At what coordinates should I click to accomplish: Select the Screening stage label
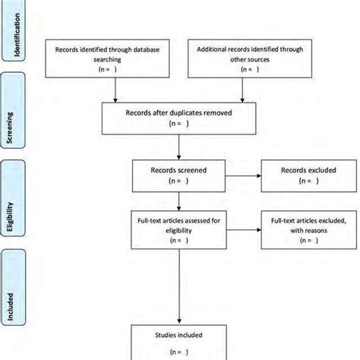pyautogui.click(x=16, y=124)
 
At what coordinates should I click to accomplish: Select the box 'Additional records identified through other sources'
pyautogui.click(x=242, y=57)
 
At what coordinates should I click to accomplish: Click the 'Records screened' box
pyautogui.click(x=178, y=176)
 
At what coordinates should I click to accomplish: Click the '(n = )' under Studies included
pyautogui.click(x=178, y=351)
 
